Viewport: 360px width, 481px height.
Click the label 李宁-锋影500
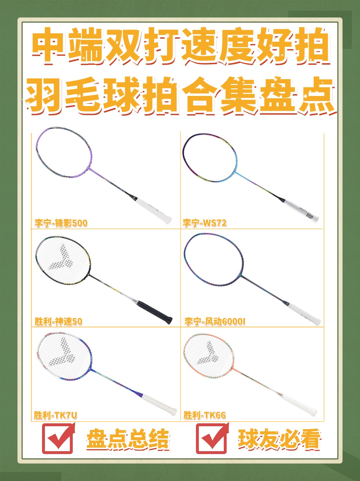pos(61,223)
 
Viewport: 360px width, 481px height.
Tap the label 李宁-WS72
pos(205,223)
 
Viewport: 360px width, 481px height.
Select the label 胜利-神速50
pos(58,321)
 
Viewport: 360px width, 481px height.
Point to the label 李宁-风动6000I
pos(215,322)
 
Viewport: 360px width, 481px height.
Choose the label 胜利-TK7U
pos(56,415)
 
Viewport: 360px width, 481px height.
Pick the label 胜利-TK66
pos(205,415)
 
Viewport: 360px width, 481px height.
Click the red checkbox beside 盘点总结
pos(58,438)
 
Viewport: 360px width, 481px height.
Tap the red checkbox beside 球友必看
pos(212,438)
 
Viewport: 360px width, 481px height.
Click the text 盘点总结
pos(128,439)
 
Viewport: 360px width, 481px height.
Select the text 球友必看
pos(279,439)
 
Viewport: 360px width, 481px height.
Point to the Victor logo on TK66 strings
pos(208,353)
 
